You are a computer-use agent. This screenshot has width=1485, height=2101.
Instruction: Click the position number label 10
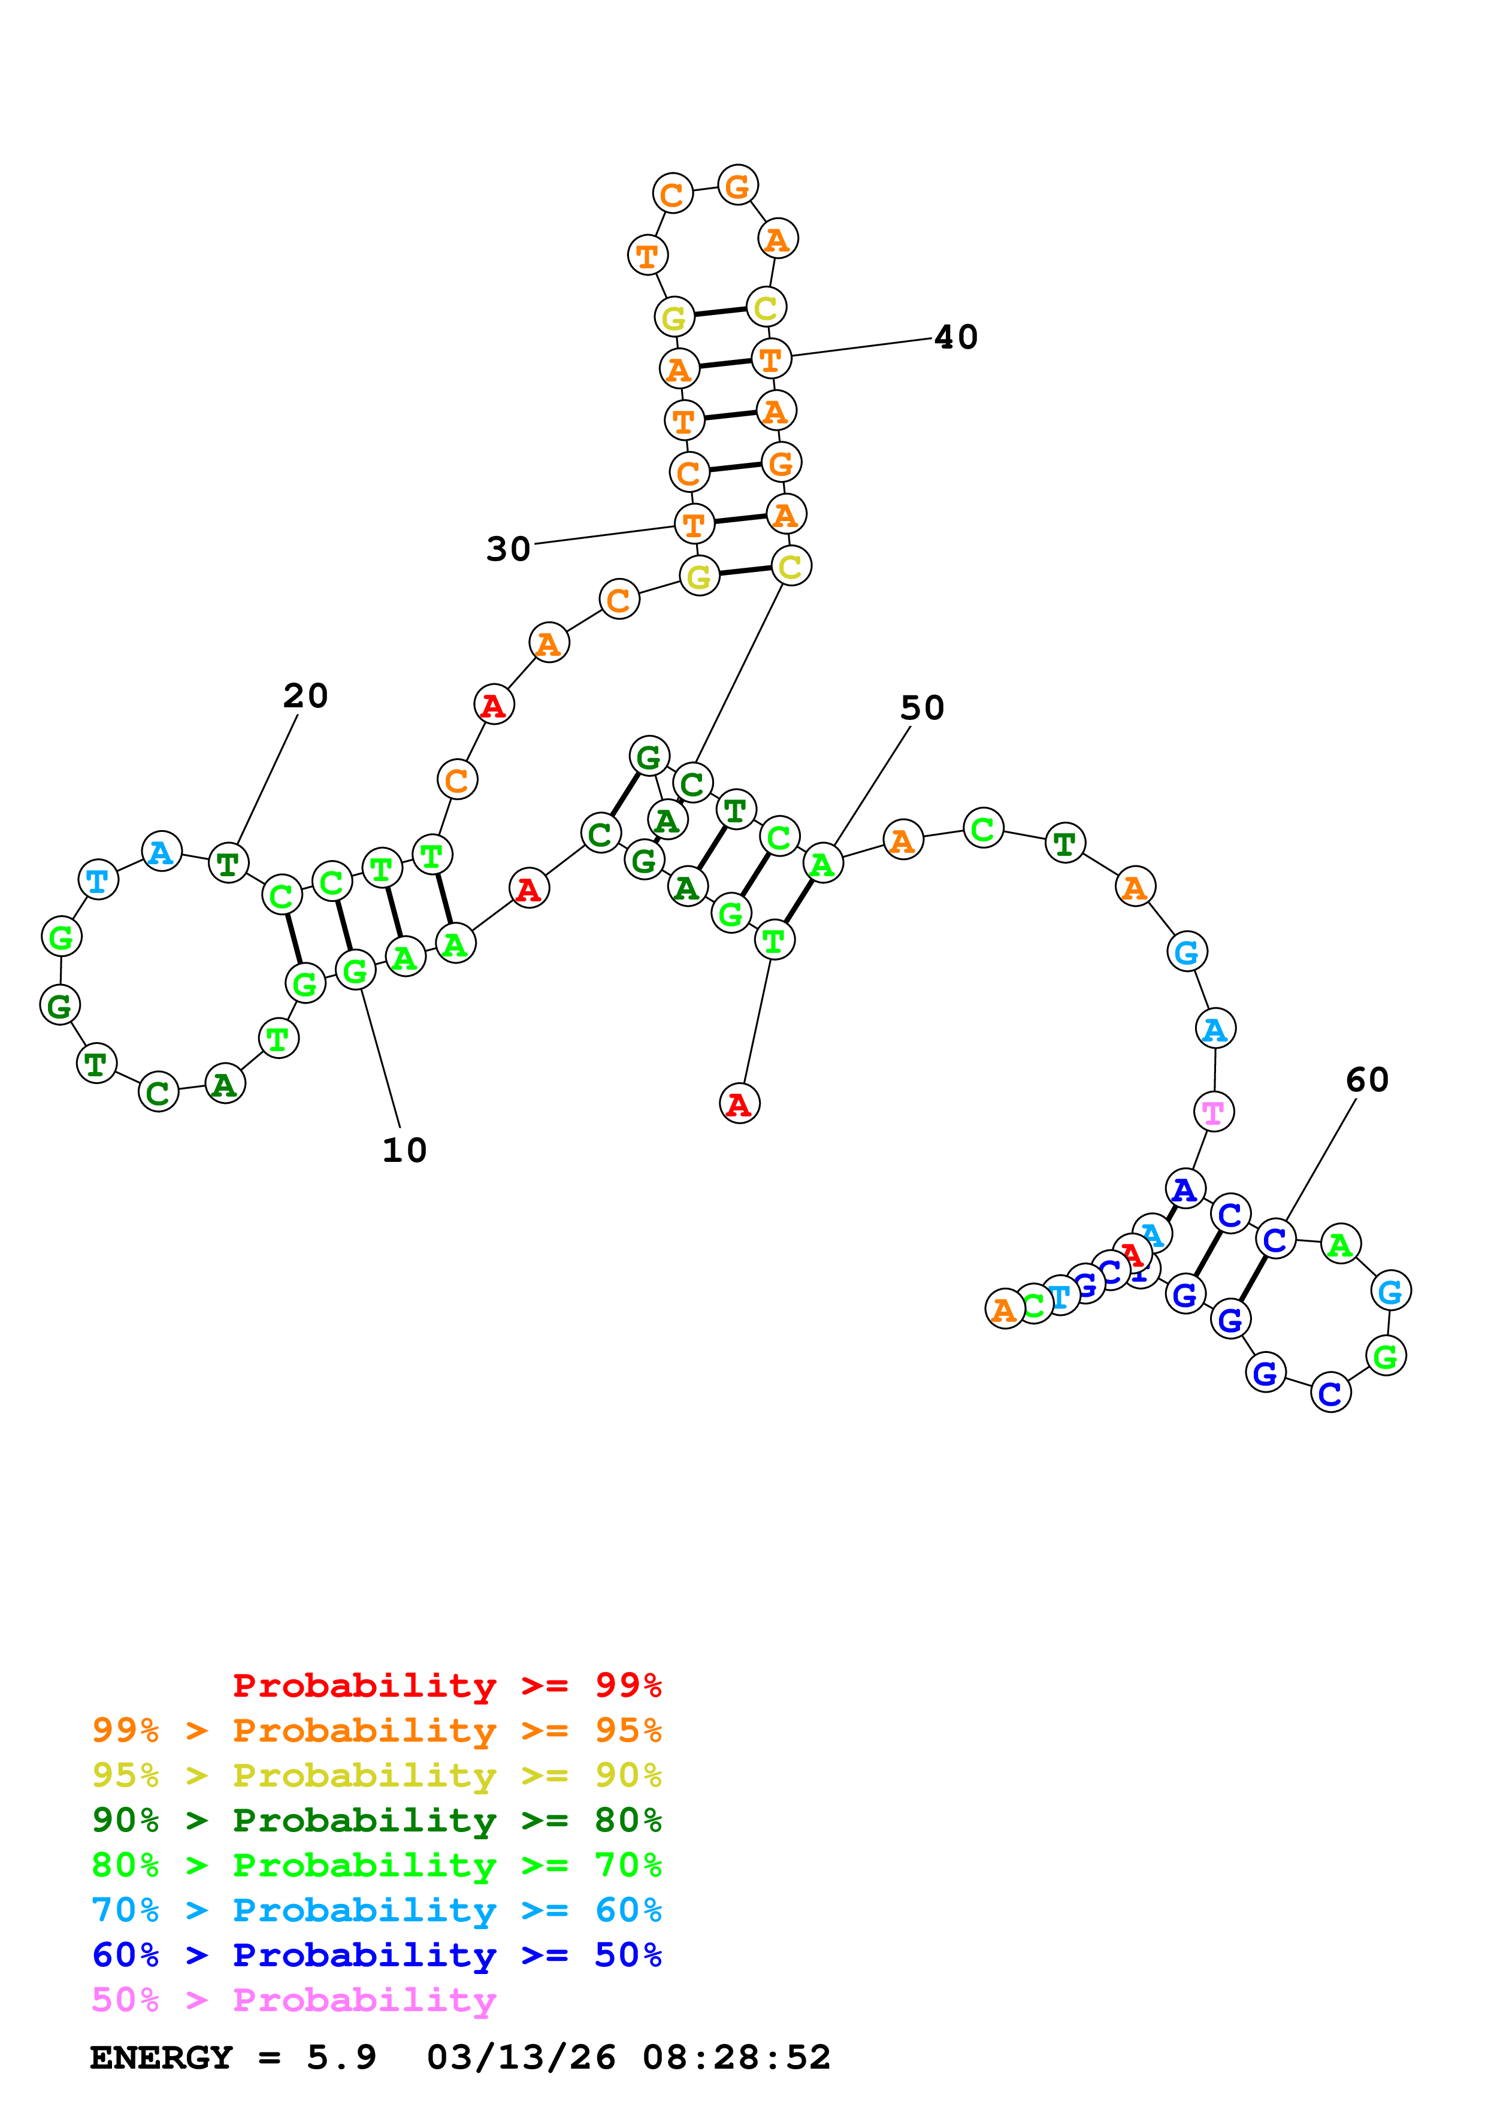pos(404,1151)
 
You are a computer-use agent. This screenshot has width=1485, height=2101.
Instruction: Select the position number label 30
pos(508,549)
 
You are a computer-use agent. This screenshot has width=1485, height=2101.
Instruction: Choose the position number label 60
pos(1367,1080)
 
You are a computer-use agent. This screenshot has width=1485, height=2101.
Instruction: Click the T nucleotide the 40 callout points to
pos(770,359)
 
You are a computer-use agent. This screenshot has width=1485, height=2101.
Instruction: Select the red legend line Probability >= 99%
pos(446,1685)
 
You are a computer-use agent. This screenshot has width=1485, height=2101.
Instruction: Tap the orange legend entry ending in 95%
pos(376,1730)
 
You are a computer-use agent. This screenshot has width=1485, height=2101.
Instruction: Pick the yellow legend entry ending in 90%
pos(376,1775)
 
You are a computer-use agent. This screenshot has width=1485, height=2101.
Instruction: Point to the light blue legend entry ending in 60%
pos(376,1910)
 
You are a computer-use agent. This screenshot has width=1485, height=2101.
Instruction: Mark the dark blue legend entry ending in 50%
pos(376,1955)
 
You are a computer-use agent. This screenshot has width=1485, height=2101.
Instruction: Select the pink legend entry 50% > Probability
pos(294,1999)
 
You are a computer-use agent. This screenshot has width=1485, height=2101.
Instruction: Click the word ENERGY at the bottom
pos(161,2057)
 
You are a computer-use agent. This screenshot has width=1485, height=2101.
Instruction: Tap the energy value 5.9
pos(341,2057)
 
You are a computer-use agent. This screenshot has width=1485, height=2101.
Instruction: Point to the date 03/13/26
pos(521,2057)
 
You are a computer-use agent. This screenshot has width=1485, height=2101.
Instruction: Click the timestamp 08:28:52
pos(737,2057)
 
